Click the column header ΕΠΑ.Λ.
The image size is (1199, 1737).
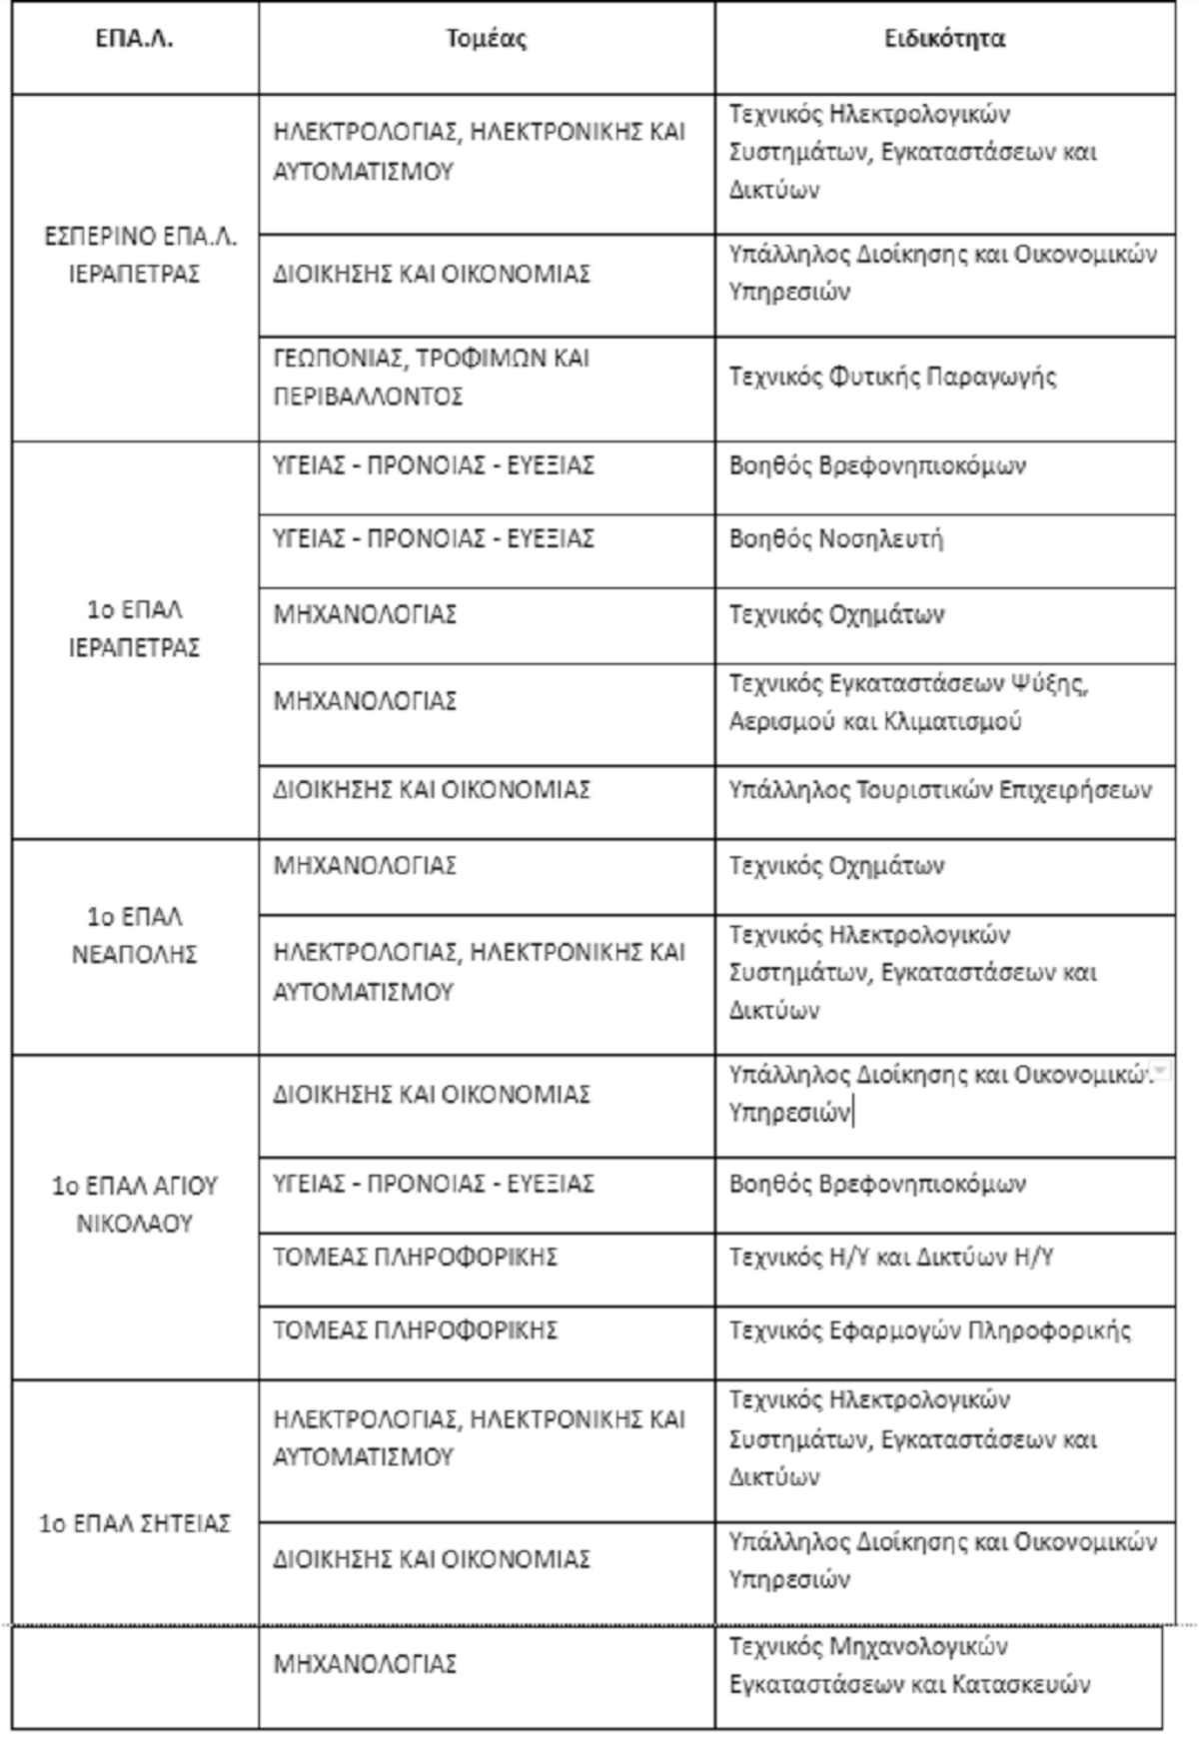(135, 40)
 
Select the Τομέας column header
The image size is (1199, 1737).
(486, 40)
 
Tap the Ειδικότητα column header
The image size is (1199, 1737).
(944, 40)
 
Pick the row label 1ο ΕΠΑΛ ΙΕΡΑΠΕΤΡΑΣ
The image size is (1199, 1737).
(135, 628)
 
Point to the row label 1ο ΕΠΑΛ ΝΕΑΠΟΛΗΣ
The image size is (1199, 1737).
(135, 935)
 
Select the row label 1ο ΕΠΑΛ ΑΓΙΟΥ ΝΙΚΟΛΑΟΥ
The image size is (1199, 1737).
(135, 1204)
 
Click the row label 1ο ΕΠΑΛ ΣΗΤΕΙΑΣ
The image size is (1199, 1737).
(135, 1523)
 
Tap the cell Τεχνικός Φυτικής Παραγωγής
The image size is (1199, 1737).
(892, 377)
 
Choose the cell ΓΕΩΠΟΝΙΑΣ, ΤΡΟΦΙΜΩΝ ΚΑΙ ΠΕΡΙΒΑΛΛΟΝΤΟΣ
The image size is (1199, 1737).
(432, 377)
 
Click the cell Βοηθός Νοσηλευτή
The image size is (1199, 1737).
(835, 539)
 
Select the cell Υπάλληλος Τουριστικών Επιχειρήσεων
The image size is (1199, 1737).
(939, 790)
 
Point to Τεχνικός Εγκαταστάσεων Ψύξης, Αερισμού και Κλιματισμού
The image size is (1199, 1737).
(907, 702)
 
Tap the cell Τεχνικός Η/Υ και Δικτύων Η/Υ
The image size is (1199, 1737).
(890, 1257)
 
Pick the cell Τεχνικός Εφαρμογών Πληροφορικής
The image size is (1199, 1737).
(929, 1330)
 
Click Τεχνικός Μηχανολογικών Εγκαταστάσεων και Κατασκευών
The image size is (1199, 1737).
(908, 1664)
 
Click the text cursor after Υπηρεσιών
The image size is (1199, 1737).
(853, 1113)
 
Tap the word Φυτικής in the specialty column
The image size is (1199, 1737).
(874, 377)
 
